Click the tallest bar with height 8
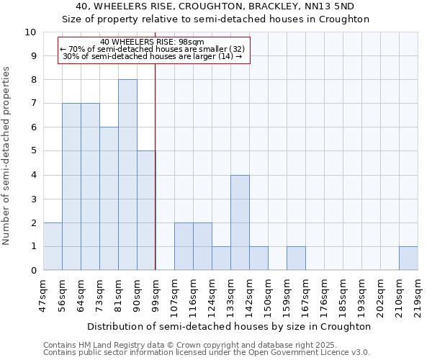tap(127, 175)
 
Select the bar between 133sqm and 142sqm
tap(240, 222)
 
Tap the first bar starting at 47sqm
tap(53, 246)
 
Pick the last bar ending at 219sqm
tap(408, 258)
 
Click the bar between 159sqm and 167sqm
tap(296, 258)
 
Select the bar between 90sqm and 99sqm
tap(146, 210)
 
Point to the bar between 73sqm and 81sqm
tap(109, 199)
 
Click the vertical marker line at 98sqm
tap(156, 166)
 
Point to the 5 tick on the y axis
tap(33, 151)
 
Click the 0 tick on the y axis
tap(33, 270)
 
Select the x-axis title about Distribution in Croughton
tap(230, 326)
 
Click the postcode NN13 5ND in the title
tap(337, 7)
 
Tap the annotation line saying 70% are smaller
tap(153, 49)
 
